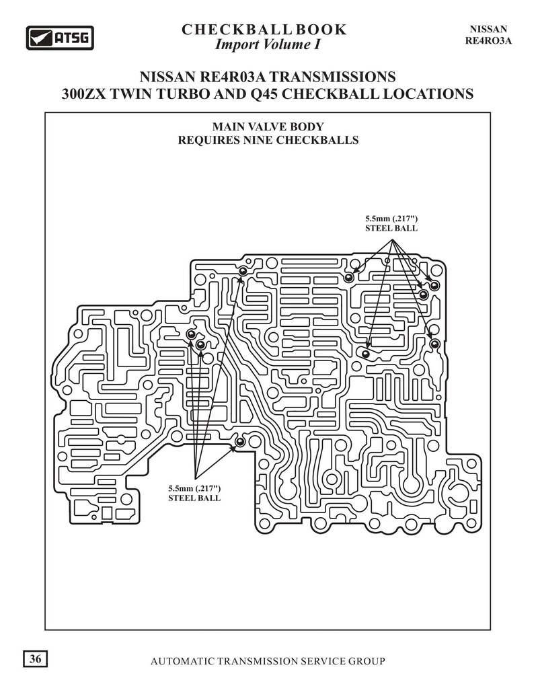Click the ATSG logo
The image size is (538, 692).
[x=60, y=38]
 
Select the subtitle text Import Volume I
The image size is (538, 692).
[x=268, y=44]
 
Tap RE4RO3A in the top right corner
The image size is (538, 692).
[x=488, y=41]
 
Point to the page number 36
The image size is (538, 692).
[x=36, y=659]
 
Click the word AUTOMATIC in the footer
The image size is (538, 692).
[x=183, y=661]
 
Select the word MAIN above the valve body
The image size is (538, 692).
[x=228, y=126]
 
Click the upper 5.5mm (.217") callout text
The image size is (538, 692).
[x=391, y=219]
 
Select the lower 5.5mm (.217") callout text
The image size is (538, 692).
[x=194, y=488]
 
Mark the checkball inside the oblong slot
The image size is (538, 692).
[x=365, y=354]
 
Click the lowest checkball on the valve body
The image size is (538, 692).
[x=240, y=441]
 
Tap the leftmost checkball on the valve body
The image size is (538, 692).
[x=191, y=334]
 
